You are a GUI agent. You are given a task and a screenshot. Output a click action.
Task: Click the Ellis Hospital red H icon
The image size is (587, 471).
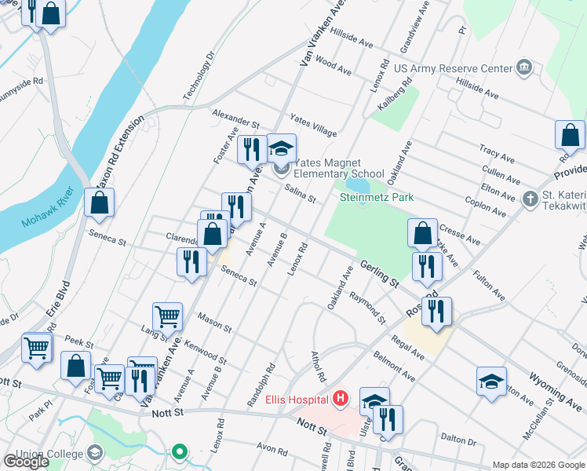pos(340,400)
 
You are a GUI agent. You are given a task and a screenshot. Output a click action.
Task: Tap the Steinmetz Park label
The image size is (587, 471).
pos(376,198)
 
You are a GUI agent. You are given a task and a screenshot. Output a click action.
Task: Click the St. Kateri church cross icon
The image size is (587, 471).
pos(530,199)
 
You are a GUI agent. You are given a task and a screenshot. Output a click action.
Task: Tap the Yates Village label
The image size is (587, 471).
pos(313,125)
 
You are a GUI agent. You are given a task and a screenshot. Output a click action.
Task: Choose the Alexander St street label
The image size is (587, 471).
pos(235,119)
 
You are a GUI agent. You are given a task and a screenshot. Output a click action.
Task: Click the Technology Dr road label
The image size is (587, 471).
pos(199,77)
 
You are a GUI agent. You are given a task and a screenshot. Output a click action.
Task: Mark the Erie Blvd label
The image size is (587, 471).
pos(59,299)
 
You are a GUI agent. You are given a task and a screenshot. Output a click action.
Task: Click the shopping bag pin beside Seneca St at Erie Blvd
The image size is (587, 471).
pos(100,203)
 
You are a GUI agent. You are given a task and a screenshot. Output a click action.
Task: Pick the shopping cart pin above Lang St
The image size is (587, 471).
pos(167,317)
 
